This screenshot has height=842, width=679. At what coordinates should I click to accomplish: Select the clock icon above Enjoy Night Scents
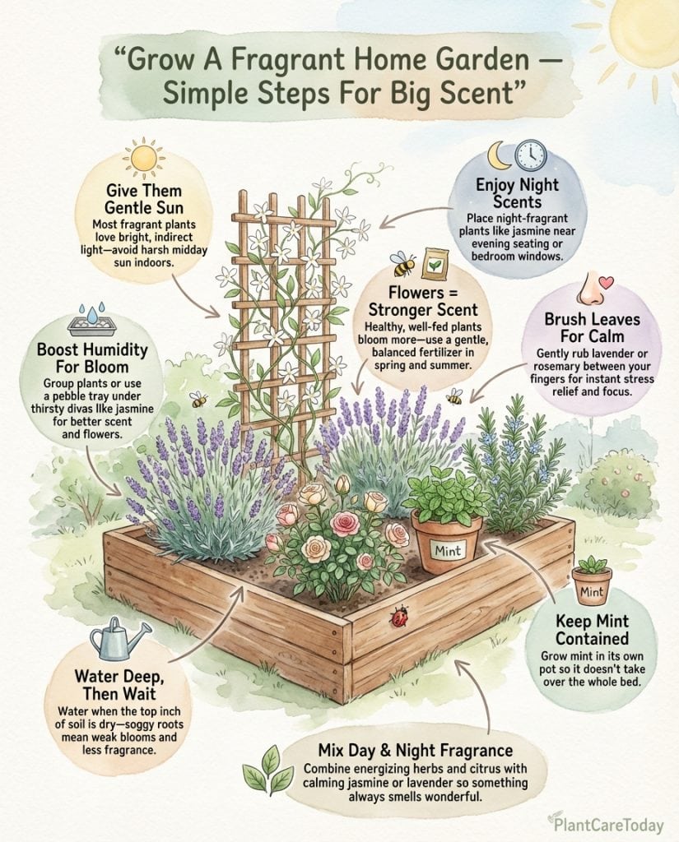pyautogui.click(x=531, y=155)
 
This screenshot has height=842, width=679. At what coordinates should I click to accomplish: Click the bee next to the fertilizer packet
pyautogui.click(x=403, y=263)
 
